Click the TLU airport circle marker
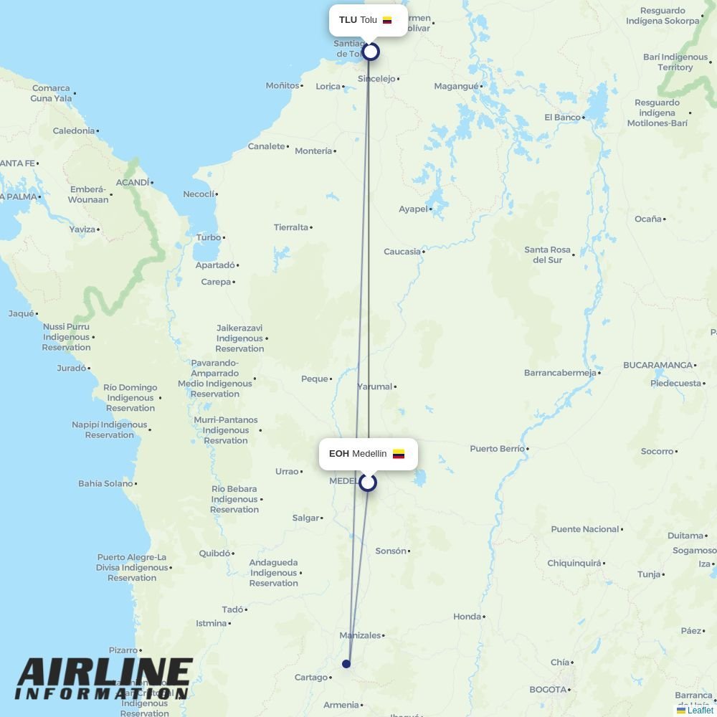pos(370,52)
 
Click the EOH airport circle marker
pos(368,483)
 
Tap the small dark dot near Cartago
pos(346,664)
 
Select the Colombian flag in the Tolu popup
pos(387,20)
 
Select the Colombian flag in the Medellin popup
pos(399,454)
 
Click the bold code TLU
pos(348,20)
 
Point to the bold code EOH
pos(338,454)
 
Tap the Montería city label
pos(313,151)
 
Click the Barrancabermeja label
pos(560,373)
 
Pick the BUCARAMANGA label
pos(657,365)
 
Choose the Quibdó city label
pos(214,554)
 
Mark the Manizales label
pos(360,635)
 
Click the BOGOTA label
pos(548,690)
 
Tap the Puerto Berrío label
pos(497,449)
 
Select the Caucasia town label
pos(402,252)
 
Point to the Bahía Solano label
pos(105,484)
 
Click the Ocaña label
pos(647,219)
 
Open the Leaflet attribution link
pos(700,711)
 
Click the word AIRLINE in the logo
pos(105,674)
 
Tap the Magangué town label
pos(456,87)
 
